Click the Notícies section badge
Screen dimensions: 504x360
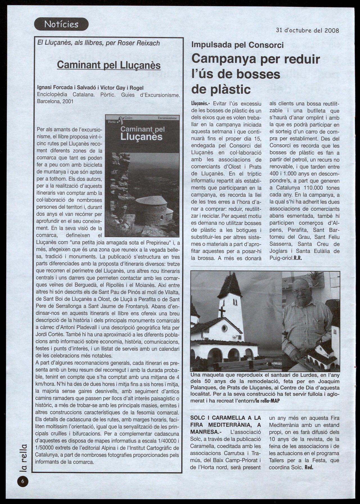pos(61,24)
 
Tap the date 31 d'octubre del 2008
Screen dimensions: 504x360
pos(307,30)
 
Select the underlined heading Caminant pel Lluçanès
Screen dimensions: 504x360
pos(109,65)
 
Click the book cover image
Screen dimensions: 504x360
pos(142,176)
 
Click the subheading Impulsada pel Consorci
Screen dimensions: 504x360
pos(237,45)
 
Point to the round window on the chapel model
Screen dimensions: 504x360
pos(225,328)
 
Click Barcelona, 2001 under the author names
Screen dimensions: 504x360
pos(55,101)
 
